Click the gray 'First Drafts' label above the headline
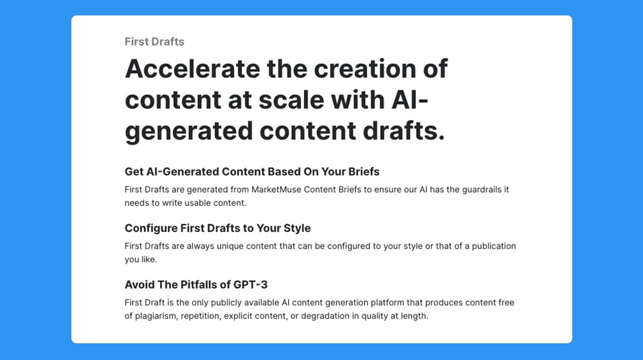(x=154, y=41)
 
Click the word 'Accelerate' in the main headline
(x=192, y=68)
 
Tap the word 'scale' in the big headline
(x=291, y=99)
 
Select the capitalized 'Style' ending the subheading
(x=298, y=228)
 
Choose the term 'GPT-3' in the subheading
(x=250, y=285)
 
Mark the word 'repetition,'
(x=201, y=316)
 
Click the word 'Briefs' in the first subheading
(x=364, y=172)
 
